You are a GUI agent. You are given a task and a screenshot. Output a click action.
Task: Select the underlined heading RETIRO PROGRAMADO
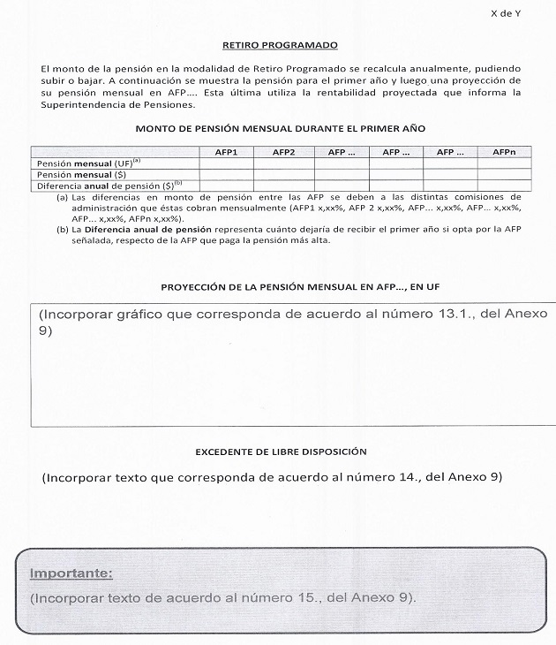(x=280, y=44)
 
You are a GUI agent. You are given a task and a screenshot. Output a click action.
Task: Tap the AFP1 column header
(x=227, y=152)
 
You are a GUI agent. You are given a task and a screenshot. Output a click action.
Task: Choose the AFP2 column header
(x=283, y=152)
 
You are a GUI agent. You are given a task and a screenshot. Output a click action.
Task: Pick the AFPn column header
(x=504, y=152)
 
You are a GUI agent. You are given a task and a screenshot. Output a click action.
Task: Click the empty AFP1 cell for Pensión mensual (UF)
(x=227, y=163)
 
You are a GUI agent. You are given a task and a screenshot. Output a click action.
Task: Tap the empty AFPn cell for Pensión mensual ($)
(x=504, y=174)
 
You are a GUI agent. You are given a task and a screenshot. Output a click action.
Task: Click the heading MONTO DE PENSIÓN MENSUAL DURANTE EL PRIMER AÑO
(x=280, y=128)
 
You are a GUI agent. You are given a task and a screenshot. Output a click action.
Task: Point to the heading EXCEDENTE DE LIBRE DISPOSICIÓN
(x=280, y=451)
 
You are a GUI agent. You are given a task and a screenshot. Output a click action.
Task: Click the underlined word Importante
(x=71, y=573)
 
